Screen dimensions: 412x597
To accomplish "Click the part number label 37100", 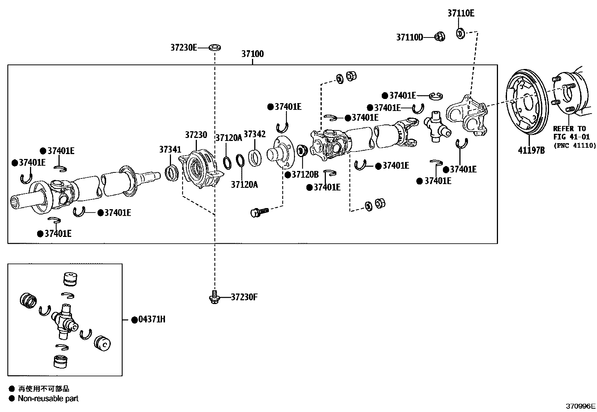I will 252,54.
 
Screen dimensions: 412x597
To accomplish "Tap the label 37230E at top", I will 184,48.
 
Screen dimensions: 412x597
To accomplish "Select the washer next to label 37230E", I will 214,48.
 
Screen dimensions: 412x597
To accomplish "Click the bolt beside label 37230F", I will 214,297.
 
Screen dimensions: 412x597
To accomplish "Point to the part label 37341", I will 170,150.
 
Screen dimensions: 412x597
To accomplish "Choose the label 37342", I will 255,134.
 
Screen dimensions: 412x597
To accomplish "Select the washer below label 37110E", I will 460,33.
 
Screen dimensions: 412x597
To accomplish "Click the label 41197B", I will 531,150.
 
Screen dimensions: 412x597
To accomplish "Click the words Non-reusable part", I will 48,399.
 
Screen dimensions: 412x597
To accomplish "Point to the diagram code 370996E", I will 581,406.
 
